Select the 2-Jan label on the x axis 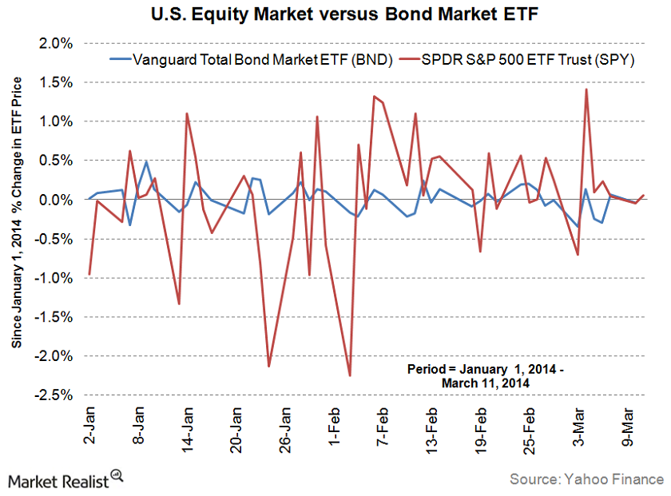click(x=89, y=427)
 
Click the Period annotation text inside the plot click(x=479, y=376)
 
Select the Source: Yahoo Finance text click(x=587, y=479)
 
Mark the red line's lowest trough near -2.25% click(x=349, y=375)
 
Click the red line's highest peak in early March click(x=586, y=89)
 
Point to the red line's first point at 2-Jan click(x=89, y=274)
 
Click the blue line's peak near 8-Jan click(x=146, y=161)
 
